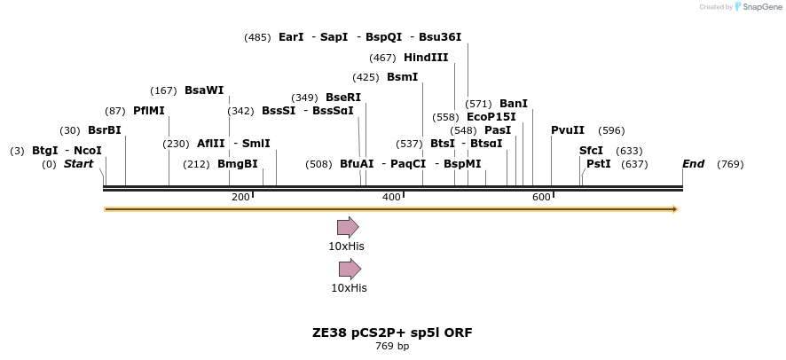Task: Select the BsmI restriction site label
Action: click(x=402, y=77)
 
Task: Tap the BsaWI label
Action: click(x=204, y=90)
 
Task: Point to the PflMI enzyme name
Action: click(x=149, y=111)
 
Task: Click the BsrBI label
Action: click(x=104, y=130)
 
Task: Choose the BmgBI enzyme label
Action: click(x=238, y=164)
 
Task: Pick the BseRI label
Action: click(x=343, y=98)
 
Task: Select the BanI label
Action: click(x=514, y=104)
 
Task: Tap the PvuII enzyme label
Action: click(x=568, y=130)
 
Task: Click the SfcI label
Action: click(x=591, y=151)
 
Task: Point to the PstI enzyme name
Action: click(x=599, y=164)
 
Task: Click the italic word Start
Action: click(x=78, y=164)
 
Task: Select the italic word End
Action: click(x=694, y=164)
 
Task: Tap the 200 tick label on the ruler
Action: click(x=240, y=197)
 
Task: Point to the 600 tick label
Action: click(x=541, y=197)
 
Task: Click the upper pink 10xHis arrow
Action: click(x=347, y=227)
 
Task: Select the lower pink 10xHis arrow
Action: click(x=350, y=269)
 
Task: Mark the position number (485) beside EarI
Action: click(x=257, y=37)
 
